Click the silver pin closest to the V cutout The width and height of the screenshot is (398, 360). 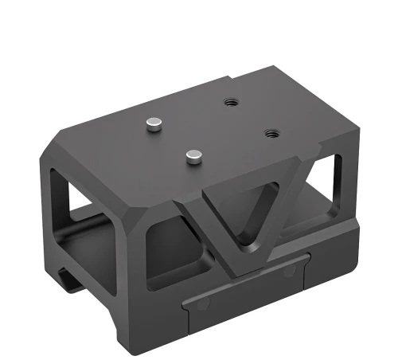click(191, 156)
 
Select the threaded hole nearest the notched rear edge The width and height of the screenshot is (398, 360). click(232, 102)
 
